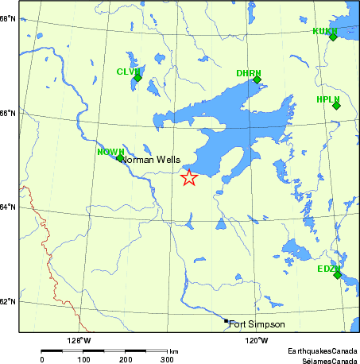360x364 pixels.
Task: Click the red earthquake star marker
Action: (189, 178)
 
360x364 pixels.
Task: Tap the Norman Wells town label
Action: (151, 160)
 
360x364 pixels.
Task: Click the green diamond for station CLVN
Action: (137, 78)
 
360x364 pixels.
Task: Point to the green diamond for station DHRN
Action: (257, 79)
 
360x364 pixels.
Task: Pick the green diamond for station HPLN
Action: (336, 106)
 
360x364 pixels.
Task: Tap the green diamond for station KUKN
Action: (333, 37)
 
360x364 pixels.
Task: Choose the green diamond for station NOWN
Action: (120, 158)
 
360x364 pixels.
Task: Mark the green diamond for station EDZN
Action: (337, 275)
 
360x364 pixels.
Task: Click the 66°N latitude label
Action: (9, 113)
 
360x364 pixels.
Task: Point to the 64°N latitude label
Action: (9, 207)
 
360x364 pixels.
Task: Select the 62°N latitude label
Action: (9, 302)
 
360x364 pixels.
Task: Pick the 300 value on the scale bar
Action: (167, 360)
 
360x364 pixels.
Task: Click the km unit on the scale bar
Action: (173, 350)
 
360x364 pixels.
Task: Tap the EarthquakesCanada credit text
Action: (323, 350)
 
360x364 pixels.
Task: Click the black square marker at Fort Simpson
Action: (226, 321)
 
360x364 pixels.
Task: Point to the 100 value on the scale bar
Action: (83, 360)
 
